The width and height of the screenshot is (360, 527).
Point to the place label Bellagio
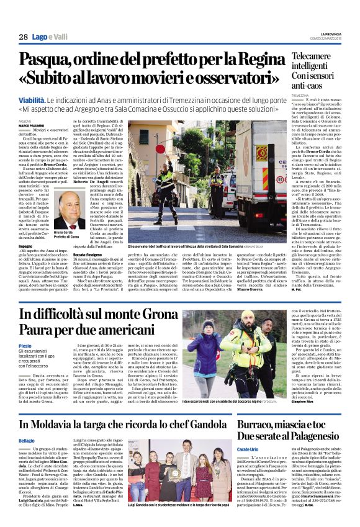click(27, 423)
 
